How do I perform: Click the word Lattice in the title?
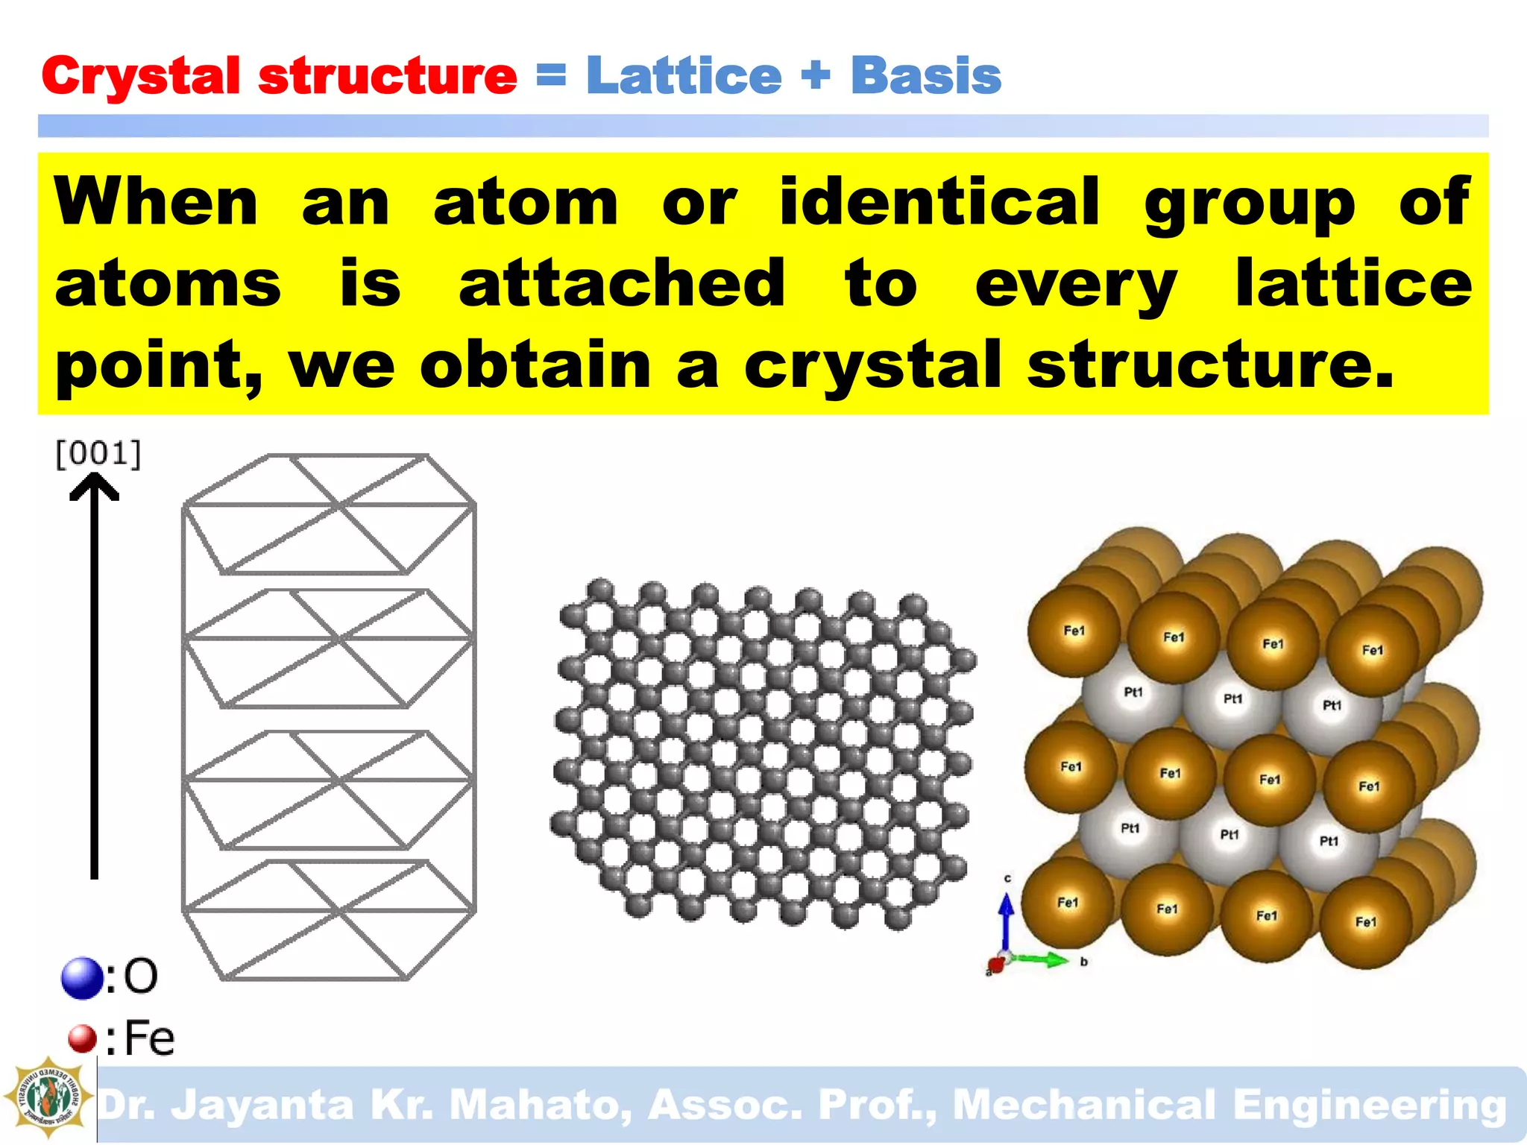(x=684, y=76)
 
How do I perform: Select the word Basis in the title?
(x=926, y=76)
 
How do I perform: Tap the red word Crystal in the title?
(x=140, y=76)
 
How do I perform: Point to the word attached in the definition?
(x=622, y=283)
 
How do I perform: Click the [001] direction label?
(x=98, y=453)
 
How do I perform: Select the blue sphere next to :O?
(x=82, y=977)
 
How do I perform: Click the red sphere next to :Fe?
(x=82, y=1038)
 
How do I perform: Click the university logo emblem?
(x=48, y=1097)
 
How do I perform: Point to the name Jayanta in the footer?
(x=262, y=1105)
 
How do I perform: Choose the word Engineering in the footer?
(x=1369, y=1105)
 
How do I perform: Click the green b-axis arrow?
(x=1044, y=959)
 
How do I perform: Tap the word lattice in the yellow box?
(x=1353, y=283)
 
